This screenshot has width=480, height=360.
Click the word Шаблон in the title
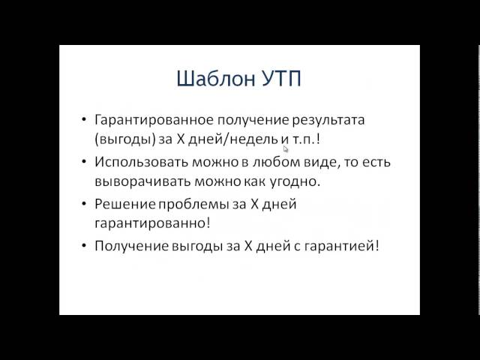[x=216, y=78]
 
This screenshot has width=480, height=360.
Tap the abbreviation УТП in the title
[x=282, y=79]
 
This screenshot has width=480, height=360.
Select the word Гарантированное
[x=154, y=120]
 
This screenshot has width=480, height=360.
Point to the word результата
[x=328, y=121]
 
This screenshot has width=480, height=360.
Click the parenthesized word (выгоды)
[x=125, y=139]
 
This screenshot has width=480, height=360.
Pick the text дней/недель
[x=233, y=139]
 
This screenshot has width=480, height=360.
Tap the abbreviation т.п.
[x=304, y=140]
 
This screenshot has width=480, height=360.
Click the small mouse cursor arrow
[x=286, y=149]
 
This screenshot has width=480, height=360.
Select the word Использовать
[x=141, y=162]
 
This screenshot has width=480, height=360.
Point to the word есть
[x=376, y=162]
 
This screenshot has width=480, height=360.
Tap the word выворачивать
[x=142, y=181]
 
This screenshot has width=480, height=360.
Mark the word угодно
[x=295, y=181]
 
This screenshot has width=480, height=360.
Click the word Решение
[x=125, y=204]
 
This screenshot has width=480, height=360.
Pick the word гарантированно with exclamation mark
[x=152, y=223]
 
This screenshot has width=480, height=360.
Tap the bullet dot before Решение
[x=84, y=204]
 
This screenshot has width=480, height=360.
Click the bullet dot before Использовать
[x=84, y=162]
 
